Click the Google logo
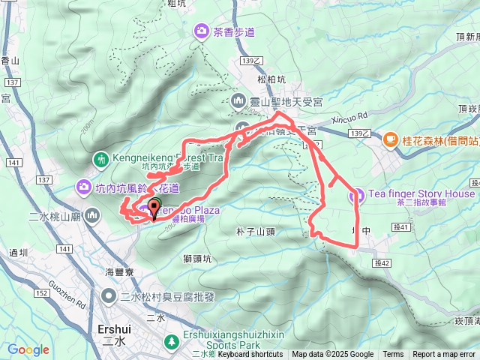[x=28, y=349]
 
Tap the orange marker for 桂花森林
[x=390, y=139]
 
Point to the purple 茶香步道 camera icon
[x=202, y=31]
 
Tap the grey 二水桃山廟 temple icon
[x=92, y=216]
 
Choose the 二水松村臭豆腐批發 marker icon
[x=109, y=296]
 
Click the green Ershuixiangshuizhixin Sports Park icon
[x=172, y=341]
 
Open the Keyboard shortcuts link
[x=250, y=355]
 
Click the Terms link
[x=393, y=355]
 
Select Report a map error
[x=444, y=355]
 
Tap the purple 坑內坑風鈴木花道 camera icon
[x=83, y=187]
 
